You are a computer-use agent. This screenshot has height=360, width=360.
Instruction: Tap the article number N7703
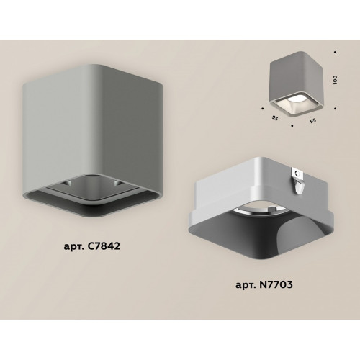tap(276, 284)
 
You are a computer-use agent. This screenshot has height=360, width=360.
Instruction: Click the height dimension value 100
tap(336, 79)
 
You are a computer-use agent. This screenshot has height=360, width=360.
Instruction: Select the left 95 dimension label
tap(275, 118)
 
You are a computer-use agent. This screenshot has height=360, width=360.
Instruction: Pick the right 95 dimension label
tap(312, 121)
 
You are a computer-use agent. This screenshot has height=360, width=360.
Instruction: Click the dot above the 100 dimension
tap(335, 52)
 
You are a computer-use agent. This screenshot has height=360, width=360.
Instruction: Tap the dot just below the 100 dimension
tap(335, 109)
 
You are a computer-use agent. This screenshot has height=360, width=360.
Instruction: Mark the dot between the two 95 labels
tap(292, 125)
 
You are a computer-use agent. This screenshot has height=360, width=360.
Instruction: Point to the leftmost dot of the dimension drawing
tap(263, 109)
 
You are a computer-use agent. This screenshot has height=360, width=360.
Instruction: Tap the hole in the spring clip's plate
tap(298, 174)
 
